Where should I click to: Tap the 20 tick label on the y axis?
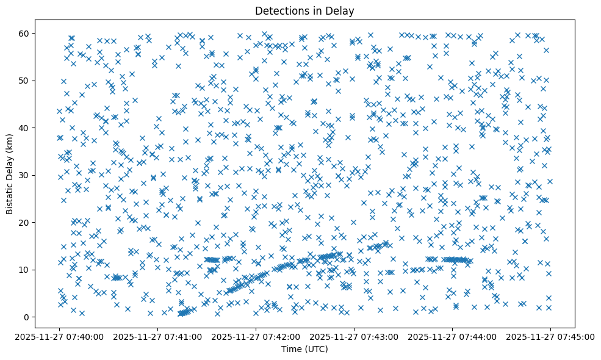[40, 222]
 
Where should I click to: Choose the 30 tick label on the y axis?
[40, 175]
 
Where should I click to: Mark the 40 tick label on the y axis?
[40, 128]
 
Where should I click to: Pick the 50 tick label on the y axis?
[40, 81]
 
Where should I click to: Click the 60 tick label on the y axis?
[40, 33]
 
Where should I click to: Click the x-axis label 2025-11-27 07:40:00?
[60, 337]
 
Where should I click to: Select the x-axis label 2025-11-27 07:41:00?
[158, 337]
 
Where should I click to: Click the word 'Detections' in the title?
[281, 10]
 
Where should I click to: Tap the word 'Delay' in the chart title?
[342, 10]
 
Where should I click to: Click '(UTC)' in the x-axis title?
[317, 349]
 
